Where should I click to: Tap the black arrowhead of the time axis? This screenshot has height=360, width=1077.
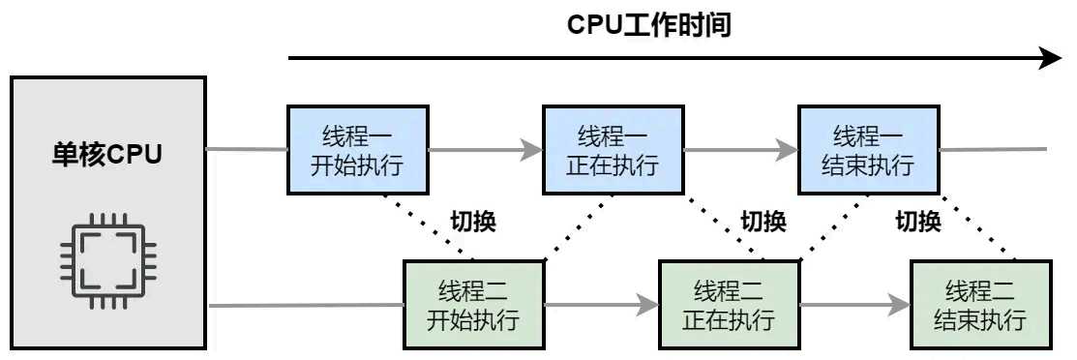pyautogui.click(x=1051, y=59)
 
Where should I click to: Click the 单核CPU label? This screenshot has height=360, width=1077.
pyautogui.click(x=107, y=154)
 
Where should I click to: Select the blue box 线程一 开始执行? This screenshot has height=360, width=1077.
pyautogui.click(x=357, y=150)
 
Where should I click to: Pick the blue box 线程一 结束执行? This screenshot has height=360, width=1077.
pyautogui.click(x=867, y=150)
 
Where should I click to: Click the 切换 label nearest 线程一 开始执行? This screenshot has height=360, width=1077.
pyautogui.click(x=473, y=222)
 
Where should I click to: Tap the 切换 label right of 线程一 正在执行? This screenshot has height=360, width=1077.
pyautogui.click(x=763, y=222)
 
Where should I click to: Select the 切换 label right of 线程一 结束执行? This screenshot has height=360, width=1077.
pyautogui.click(x=918, y=222)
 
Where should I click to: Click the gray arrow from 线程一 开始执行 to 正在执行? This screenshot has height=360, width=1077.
pyautogui.click(x=484, y=150)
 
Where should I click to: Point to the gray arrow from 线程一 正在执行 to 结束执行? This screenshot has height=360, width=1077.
pyautogui.click(x=739, y=150)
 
